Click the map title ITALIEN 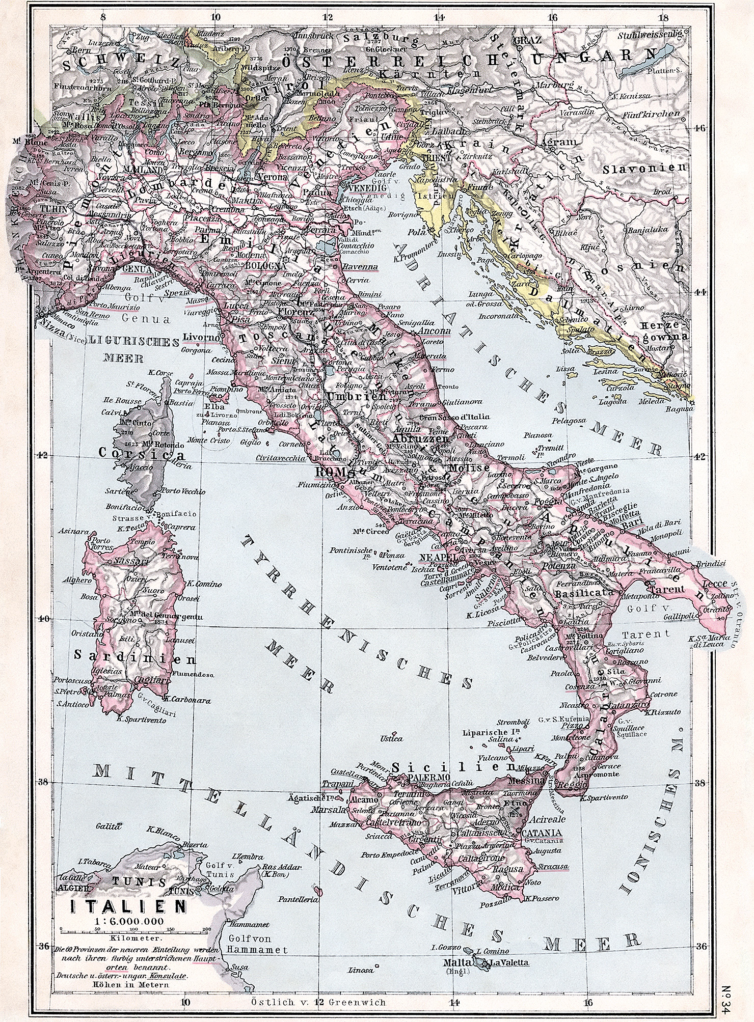pyautogui.click(x=127, y=906)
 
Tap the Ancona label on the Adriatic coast pyautogui.click(x=433, y=331)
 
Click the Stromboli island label pyautogui.click(x=514, y=721)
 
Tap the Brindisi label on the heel pyautogui.click(x=709, y=565)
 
